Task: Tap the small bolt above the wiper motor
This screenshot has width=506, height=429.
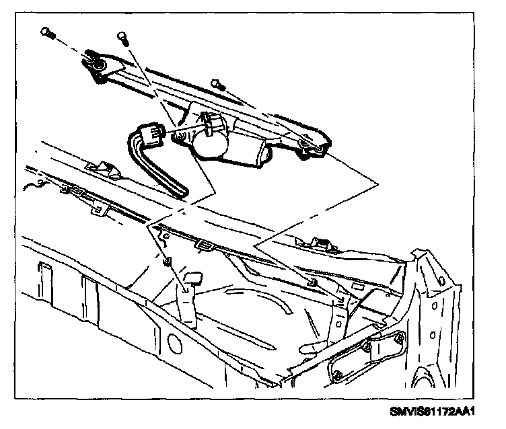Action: click(217, 83)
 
